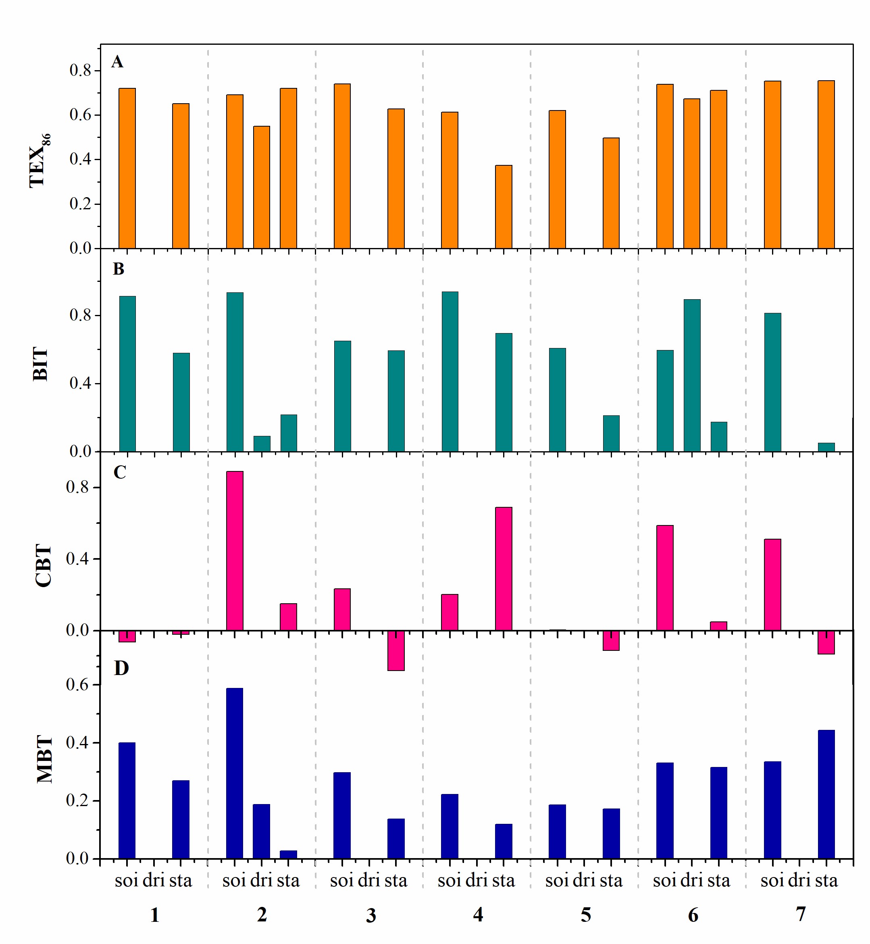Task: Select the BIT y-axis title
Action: pos(42,364)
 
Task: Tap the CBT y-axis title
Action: pos(43,565)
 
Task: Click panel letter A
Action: pos(117,62)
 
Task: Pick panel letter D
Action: pos(121,668)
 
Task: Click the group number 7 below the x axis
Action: pos(801,914)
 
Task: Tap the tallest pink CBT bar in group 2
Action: pos(235,550)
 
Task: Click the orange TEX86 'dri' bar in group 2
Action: pos(262,187)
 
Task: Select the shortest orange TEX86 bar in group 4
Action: pos(504,207)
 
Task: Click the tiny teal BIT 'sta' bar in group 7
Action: pos(826,447)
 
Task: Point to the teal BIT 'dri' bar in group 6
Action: pos(692,375)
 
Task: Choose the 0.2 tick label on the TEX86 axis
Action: pos(81,204)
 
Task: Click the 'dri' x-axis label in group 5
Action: pos(584,880)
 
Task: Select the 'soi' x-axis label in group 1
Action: pos(126,880)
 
